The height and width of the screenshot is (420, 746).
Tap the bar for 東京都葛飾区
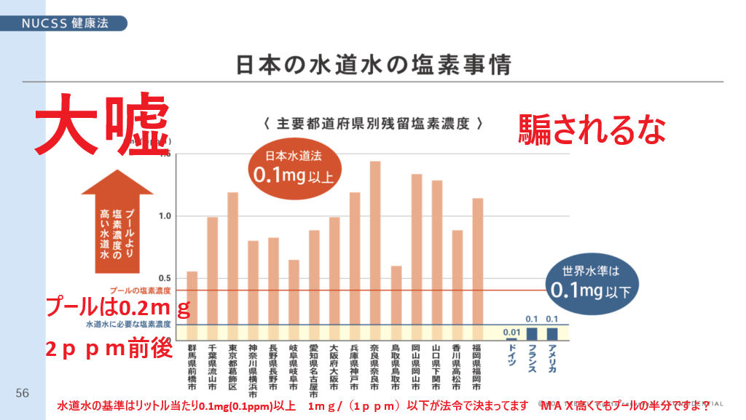click(x=233, y=266)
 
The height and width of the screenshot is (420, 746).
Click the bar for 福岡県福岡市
click(x=478, y=269)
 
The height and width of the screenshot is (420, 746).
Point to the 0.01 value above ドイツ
click(x=511, y=333)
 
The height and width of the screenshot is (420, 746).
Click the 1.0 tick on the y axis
click(x=165, y=216)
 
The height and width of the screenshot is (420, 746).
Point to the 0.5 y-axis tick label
click(x=165, y=278)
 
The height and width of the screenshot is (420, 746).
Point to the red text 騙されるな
click(x=592, y=130)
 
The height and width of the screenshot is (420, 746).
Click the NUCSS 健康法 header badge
click(x=65, y=23)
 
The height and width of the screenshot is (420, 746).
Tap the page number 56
click(x=23, y=393)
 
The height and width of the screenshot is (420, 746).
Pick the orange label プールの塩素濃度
click(x=141, y=290)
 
